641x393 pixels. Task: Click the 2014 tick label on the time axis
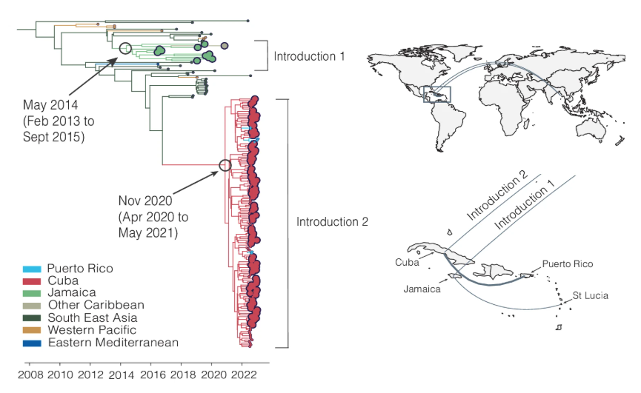[x=121, y=375]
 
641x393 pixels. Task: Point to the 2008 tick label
[x=30, y=375]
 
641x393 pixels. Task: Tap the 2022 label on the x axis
[x=244, y=375]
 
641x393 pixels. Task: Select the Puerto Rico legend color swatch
[x=32, y=269]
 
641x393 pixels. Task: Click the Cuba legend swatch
[x=32, y=281]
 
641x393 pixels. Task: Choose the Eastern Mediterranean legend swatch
[x=32, y=343]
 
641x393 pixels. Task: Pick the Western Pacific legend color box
[x=32, y=330]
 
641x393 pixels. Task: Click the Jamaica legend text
[x=72, y=292]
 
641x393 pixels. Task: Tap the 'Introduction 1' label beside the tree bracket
[x=309, y=56]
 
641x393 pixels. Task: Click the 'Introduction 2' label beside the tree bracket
[x=332, y=221]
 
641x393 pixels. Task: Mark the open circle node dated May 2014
[x=125, y=48]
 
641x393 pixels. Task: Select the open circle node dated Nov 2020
[x=225, y=165]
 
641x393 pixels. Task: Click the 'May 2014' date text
[x=50, y=105]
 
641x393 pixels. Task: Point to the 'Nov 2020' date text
[x=145, y=201]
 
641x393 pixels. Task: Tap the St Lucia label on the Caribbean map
[x=590, y=295]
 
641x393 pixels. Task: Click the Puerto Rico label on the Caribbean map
[x=568, y=264]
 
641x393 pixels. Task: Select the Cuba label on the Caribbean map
[x=407, y=263]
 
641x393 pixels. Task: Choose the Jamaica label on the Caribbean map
[x=422, y=289]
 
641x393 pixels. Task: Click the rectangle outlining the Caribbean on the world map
[x=437, y=87]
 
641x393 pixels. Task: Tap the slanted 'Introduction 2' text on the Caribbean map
[x=497, y=196]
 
